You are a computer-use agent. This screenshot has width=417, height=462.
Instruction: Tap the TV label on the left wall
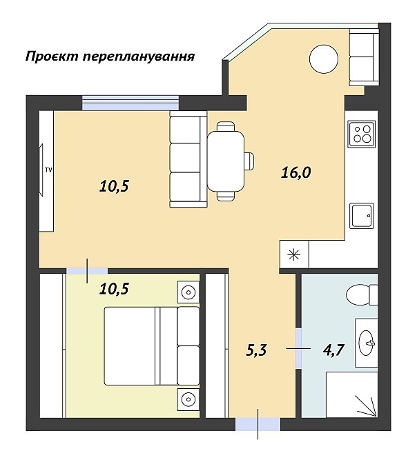pos(48,168)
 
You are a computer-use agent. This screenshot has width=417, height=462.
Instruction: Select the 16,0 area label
pos(295,172)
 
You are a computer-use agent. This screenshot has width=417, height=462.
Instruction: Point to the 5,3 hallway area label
pos(256,350)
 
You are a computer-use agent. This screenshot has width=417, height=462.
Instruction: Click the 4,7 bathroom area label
pos(334,350)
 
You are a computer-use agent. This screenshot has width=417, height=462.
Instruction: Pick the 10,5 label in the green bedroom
pos(114,289)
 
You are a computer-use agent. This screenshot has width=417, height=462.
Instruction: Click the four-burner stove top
pos(361,132)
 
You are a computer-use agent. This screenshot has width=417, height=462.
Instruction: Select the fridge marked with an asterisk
pos(295,254)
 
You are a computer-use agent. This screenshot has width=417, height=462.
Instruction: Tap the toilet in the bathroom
pos(361,294)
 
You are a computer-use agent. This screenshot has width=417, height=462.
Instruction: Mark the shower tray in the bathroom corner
pos(352,395)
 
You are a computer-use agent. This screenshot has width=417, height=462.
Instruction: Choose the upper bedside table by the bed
pos(188,292)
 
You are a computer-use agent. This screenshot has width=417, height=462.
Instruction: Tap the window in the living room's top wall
pos(130,102)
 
